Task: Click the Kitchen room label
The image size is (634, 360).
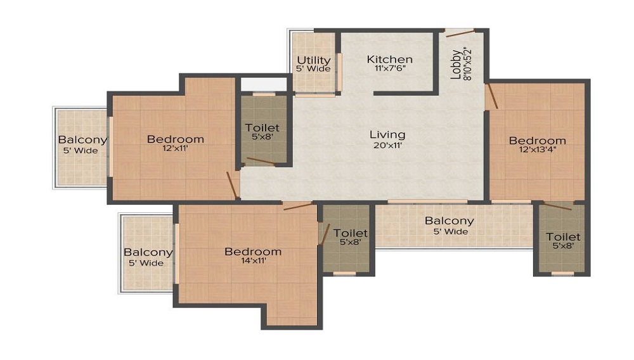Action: (389, 60)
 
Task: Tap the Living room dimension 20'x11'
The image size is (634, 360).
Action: (387, 145)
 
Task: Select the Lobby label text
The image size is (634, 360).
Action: (456, 64)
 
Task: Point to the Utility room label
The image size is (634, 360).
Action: (314, 60)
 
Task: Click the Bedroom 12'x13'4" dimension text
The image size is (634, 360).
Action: (538, 150)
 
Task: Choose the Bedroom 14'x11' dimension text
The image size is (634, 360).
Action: (253, 260)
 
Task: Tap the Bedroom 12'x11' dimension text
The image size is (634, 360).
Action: (175, 148)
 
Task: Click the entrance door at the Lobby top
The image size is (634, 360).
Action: (460, 33)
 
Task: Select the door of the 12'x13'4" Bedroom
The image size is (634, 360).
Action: (492, 96)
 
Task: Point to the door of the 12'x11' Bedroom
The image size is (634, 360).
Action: (232, 185)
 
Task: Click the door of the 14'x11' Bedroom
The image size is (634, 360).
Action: (298, 207)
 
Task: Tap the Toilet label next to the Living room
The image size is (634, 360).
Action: (262, 127)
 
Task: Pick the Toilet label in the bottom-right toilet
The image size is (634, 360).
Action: (563, 236)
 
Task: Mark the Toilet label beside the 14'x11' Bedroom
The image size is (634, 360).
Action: (350, 233)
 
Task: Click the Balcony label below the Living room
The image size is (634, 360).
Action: (450, 221)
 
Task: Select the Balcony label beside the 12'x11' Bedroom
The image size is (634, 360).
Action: (82, 140)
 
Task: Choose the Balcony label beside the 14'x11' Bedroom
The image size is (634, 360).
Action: (148, 252)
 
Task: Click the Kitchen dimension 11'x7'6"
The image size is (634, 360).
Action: (390, 68)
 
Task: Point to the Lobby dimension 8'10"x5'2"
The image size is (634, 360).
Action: (467, 64)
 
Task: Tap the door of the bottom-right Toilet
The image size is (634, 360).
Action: (557, 206)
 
